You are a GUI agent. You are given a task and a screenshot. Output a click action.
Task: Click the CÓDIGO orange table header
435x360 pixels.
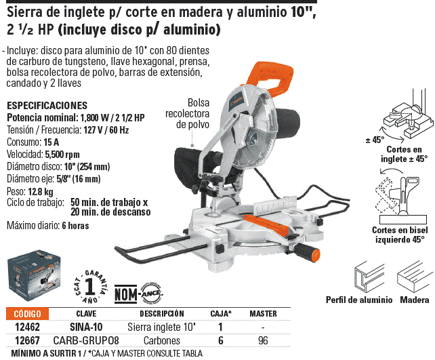27,314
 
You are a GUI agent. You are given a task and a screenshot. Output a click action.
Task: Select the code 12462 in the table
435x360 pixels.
27,327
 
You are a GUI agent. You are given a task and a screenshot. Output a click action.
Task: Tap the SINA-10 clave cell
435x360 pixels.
86,327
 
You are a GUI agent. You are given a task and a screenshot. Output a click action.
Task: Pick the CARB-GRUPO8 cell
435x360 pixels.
86,340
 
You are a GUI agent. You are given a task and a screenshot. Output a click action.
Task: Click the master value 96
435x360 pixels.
263,340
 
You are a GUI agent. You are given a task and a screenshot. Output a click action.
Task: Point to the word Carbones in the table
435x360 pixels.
162,340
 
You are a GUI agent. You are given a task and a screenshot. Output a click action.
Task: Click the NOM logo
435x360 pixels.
125,294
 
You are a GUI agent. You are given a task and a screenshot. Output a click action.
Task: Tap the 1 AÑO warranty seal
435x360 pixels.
90,287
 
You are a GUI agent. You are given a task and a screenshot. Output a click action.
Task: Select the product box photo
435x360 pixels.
34,275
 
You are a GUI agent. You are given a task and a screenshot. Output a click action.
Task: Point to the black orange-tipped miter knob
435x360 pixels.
308,252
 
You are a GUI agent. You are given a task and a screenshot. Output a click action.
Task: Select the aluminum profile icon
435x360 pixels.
369,277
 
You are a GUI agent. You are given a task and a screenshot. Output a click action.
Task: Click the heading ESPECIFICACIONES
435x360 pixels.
47,106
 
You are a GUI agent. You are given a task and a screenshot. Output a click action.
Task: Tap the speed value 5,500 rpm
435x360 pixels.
62,155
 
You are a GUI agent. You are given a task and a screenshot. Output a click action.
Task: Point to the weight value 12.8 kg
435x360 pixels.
41,191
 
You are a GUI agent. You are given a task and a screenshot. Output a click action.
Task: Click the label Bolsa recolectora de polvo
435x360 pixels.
188,114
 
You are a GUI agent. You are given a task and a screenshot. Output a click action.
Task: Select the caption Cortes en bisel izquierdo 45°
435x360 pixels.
400,235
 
